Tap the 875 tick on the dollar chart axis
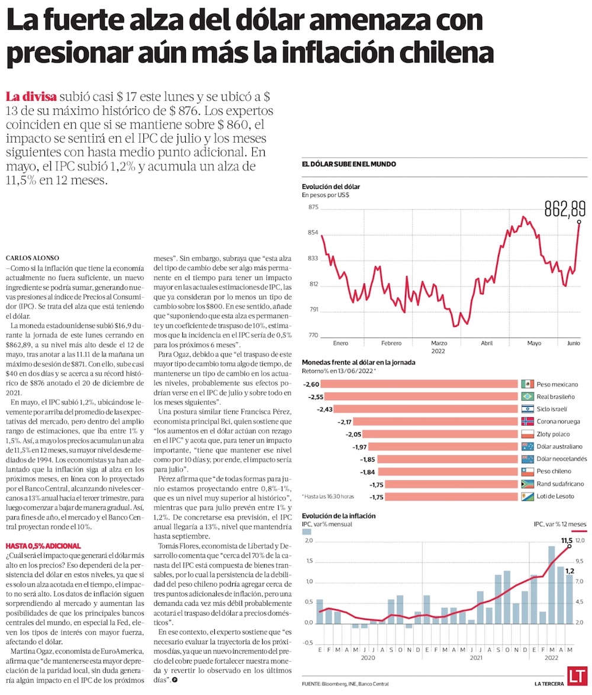313,207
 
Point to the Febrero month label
391,343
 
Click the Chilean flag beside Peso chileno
527,471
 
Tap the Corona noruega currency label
559,421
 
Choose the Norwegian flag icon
527,421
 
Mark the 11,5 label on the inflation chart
567,540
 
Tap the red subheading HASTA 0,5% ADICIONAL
43,545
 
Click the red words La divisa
31,96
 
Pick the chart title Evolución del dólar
330,186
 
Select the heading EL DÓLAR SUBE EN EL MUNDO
349,164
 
